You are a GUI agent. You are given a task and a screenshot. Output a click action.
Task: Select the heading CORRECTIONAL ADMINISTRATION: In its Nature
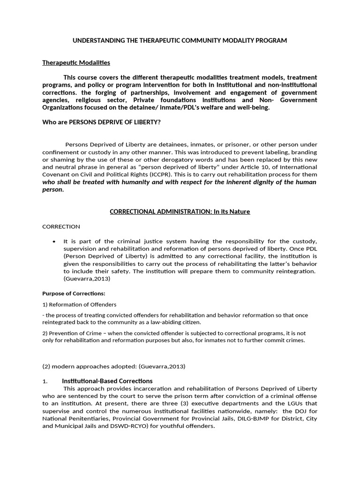(180, 211)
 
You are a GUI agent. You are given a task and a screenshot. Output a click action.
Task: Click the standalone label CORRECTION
(61, 226)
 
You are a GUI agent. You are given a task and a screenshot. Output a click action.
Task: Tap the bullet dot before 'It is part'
(54, 241)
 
